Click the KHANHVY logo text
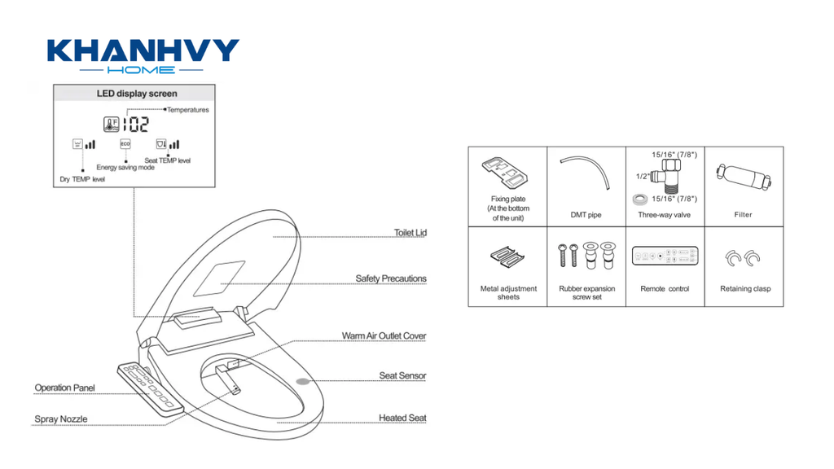tap(143, 51)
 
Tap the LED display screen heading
tap(137, 94)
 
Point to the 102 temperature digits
tap(136, 125)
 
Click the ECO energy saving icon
tap(125, 144)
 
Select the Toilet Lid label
tap(410, 232)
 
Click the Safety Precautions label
tap(391, 278)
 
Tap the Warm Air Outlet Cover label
tap(384, 335)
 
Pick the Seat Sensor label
tap(402, 375)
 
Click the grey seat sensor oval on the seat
tap(303, 381)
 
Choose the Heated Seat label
tap(402, 418)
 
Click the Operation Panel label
tap(64, 388)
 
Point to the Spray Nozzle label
tap(60, 419)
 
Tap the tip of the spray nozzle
tap(237, 392)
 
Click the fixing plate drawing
tap(504, 173)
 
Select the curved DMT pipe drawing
tap(586, 172)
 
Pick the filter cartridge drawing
tap(743, 177)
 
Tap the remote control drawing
tap(665, 256)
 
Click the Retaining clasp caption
tap(745, 289)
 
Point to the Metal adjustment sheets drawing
tap(507, 256)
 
